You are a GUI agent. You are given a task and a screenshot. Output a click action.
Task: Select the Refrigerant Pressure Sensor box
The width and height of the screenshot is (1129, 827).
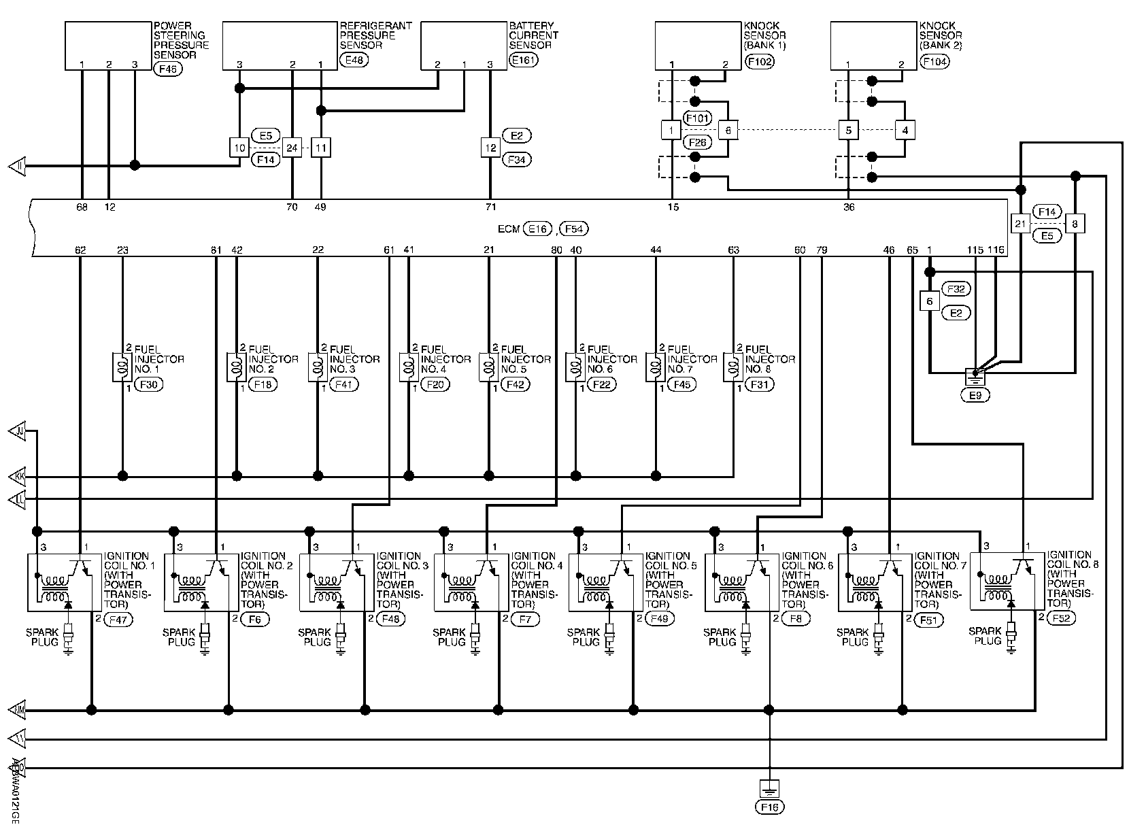pos(280,46)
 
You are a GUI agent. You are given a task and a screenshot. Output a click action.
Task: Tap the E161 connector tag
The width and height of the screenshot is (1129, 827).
pos(522,60)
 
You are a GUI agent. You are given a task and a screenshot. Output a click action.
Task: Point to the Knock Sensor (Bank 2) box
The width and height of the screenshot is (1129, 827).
pos(873,46)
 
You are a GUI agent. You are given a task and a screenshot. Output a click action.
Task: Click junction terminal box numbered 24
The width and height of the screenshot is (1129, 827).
pos(292,148)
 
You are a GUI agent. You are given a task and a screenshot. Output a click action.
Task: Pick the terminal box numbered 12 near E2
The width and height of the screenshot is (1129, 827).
pos(490,148)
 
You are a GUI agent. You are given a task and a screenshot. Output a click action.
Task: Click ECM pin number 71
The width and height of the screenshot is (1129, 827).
pos(490,207)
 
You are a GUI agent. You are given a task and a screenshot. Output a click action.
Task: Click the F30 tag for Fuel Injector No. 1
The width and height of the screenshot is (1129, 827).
pos(149,385)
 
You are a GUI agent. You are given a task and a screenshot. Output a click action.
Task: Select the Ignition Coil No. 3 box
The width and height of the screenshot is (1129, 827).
pos(337,581)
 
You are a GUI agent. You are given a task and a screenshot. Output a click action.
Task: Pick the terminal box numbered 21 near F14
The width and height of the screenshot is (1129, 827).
pos(1020,224)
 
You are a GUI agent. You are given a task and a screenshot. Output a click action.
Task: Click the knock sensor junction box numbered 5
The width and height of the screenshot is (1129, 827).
pos(848,130)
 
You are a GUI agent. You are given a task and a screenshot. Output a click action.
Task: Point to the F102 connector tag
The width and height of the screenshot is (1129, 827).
pos(760,61)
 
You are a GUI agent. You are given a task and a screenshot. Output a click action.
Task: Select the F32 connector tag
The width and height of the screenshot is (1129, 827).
pos(956,289)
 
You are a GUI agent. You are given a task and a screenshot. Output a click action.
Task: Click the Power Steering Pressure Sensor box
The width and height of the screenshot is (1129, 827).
pos(107,46)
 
